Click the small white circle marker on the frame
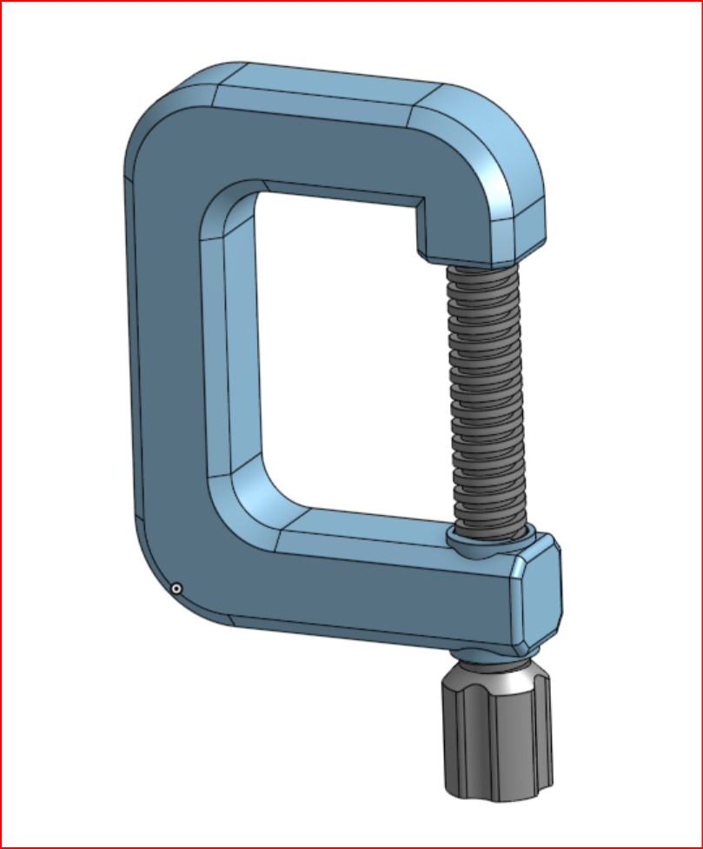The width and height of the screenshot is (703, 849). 176,589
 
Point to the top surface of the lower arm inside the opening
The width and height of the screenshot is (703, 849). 365,526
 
